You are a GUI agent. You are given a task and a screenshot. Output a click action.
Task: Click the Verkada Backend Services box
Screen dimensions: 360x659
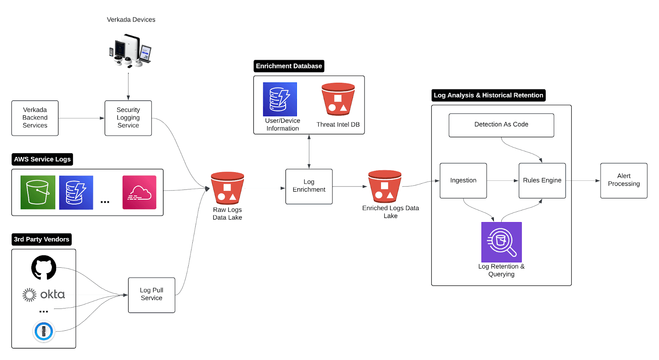click(35, 118)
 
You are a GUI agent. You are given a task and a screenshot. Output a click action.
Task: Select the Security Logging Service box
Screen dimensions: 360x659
click(128, 118)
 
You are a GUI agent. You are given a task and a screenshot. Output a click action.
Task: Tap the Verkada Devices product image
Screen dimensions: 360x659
click(130, 51)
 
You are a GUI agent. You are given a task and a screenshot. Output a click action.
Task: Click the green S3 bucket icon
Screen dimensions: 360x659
click(38, 192)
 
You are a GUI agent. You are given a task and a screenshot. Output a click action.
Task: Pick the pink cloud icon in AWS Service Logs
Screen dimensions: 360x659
click(139, 192)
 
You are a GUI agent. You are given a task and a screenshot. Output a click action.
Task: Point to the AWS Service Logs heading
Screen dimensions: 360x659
click(42, 159)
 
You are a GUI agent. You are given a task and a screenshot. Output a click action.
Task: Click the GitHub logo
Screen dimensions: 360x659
click(44, 267)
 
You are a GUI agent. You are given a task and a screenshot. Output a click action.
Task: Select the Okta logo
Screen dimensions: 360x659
click(44, 295)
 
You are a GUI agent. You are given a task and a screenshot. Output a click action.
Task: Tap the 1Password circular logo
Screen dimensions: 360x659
click(44, 331)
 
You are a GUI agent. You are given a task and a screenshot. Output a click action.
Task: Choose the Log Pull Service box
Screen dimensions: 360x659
click(152, 295)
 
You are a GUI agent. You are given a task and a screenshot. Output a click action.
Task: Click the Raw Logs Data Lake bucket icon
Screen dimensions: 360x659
click(227, 188)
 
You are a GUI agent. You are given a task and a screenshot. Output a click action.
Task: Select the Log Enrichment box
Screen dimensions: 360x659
click(309, 186)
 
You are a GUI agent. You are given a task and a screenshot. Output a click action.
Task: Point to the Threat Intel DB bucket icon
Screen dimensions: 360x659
click(338, 99)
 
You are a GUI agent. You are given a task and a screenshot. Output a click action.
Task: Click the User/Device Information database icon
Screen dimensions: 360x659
click(280, 99)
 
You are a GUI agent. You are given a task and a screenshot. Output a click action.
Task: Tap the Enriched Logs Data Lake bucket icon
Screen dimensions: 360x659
click(385, 186)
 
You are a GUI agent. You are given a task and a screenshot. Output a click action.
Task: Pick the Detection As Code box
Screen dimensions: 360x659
click(501, 125)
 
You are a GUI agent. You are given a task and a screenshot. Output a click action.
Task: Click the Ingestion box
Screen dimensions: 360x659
click(463, 180)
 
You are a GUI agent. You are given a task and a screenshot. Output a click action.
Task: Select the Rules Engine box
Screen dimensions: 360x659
click(542, 180)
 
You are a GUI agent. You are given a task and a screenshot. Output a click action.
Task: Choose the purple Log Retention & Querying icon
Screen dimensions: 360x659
click(502, 242)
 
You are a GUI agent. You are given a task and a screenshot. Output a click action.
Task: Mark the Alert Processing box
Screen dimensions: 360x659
click(624, 180)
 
